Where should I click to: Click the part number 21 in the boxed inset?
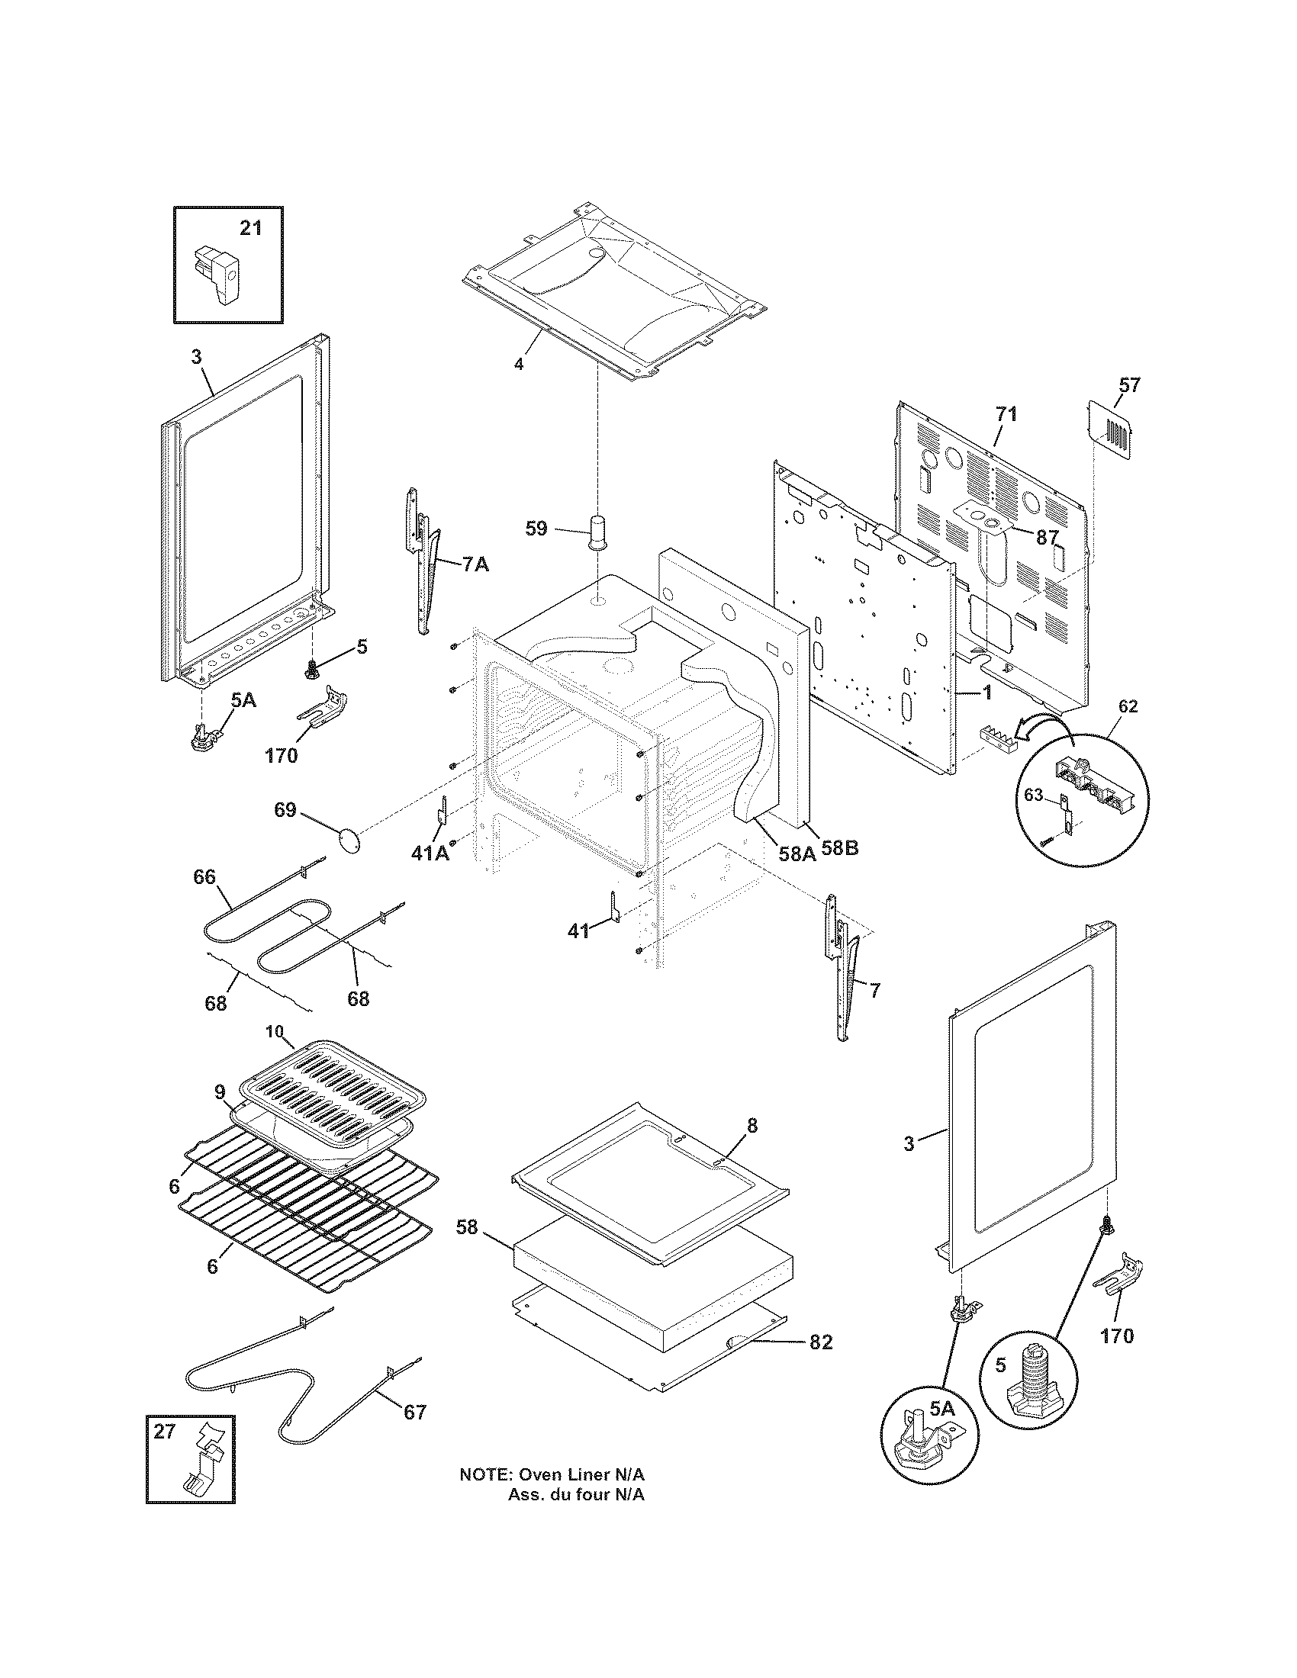250,228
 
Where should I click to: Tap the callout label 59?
536,529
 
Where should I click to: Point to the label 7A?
475,564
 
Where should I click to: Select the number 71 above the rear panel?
1006,414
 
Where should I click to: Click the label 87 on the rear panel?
1048,538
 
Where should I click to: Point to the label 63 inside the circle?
1034,796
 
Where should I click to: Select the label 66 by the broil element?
204,876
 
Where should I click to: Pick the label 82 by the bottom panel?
820,1342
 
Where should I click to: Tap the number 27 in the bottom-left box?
165,1431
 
